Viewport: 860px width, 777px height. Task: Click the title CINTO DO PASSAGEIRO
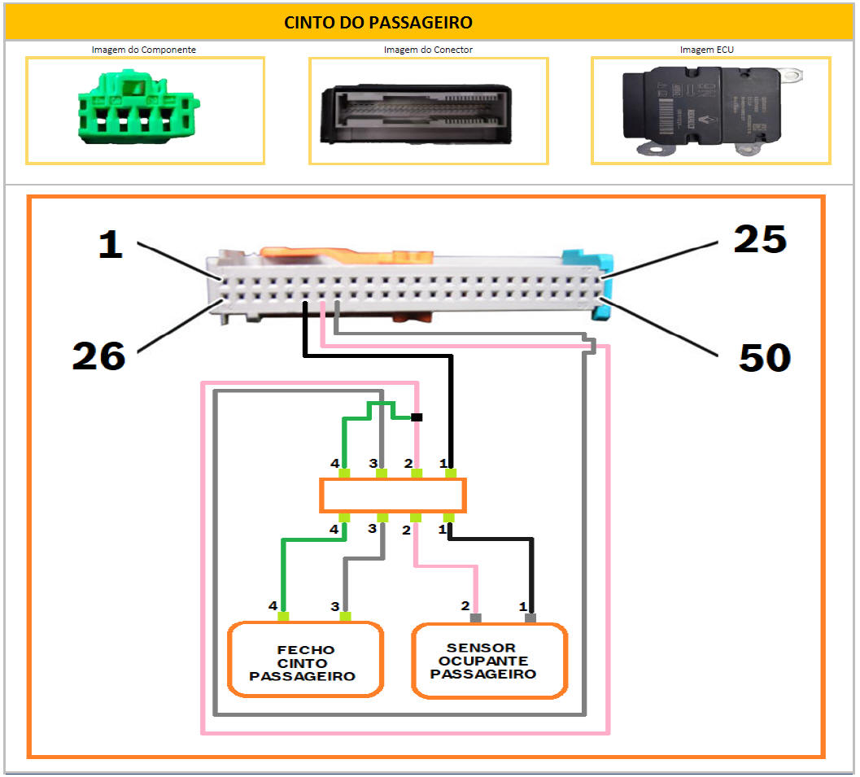click(378, 22)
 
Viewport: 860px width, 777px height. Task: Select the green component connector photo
click(139, 111)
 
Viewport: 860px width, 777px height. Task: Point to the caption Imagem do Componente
click(143, 50)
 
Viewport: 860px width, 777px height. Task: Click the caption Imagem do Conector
click(428, 50)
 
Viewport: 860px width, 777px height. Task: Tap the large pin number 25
click(760, 239)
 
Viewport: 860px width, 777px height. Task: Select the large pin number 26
click(98, 356)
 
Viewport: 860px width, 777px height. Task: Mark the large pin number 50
click(765, 357)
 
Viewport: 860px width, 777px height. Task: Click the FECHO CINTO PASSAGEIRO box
click(304, 660)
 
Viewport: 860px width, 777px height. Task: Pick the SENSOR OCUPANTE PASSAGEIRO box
click(488, 661)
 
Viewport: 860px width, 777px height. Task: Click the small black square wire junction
click(417, 417)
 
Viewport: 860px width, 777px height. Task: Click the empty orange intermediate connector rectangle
click(392, 495)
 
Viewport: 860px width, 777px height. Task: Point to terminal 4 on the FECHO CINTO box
click(285, 617)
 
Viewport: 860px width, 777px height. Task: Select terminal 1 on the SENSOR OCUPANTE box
click(530, 618)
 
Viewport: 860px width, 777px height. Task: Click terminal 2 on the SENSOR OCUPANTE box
click(476, 618)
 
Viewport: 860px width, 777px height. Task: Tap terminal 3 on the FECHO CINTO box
click(345, 617)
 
